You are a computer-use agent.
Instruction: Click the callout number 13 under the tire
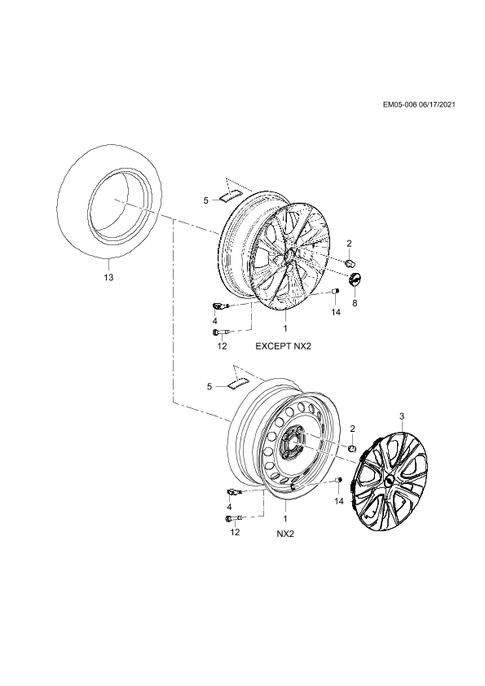click(108, 277)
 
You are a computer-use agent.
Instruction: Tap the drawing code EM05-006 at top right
click(399, 104)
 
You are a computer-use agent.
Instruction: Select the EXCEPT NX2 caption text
click(285, 346)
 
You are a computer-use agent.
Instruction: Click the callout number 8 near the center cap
click(355, 302)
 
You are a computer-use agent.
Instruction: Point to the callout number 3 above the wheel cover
click(402, 416)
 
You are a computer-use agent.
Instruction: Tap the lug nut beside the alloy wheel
click(351, 262)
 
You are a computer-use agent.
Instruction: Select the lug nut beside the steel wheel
click(352, 447)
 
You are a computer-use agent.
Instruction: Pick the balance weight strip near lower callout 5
click(237, 383)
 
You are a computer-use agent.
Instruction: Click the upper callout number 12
click(222, 346)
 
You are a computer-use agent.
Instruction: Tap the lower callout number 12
click(235, 532)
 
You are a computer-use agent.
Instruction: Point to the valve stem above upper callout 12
click(222, 333)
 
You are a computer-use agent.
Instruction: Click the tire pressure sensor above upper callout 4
click(219, 306)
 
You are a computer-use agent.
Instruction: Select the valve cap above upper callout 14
click(337, 291)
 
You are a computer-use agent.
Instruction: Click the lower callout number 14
click(339, 501)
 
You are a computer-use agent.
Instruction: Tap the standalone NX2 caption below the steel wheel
click(285, 534)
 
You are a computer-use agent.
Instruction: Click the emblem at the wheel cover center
click(389, 480)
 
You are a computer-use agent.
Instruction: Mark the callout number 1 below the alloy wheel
click(285, 328)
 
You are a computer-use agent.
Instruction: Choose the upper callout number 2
click(350, 244)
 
